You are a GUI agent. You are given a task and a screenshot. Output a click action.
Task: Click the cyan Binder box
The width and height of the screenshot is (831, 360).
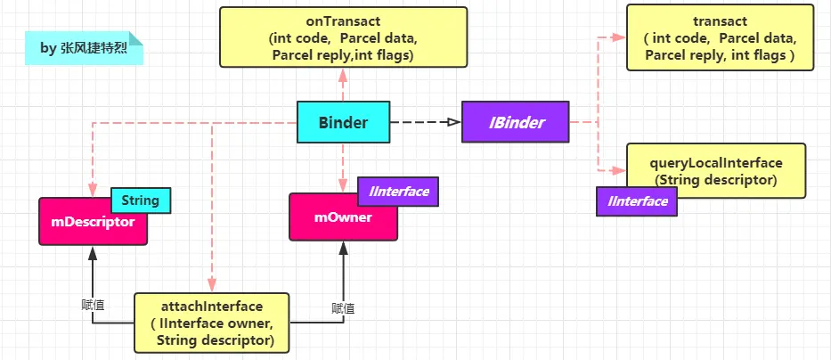[x=343, y=123]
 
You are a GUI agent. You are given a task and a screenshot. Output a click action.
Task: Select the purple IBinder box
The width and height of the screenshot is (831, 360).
[x=516, y=123]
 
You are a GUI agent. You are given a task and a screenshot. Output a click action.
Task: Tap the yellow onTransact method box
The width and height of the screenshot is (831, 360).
[x=343, y=36]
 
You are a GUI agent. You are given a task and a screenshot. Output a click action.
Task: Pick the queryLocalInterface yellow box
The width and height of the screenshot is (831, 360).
[x=717, y=171]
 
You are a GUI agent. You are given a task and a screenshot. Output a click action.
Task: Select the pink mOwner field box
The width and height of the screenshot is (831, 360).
[x=343, y=217]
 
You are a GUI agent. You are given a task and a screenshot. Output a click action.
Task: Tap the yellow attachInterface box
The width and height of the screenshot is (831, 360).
[x=213, y=323]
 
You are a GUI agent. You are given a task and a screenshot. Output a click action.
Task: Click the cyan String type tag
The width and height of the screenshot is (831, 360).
[x=140, y=200]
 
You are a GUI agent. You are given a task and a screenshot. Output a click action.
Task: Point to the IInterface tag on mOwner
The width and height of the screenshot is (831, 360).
[x=393, y=190]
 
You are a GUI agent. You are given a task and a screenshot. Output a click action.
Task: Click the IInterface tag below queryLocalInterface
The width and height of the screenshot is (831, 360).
[x=637, y=202]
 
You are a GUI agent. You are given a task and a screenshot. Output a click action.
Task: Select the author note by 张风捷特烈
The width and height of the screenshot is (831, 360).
[x=84, y=48]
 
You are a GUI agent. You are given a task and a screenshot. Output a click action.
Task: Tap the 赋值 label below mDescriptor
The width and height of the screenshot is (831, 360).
[x=92, y=304]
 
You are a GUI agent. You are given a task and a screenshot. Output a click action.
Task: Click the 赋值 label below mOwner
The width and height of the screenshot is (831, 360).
[x=343, y=307]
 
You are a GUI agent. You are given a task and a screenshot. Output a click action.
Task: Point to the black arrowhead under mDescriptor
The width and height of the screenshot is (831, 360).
[x=92, y=252]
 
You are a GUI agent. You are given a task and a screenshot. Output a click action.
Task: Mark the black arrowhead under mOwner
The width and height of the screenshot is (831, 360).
[x=343, y=248]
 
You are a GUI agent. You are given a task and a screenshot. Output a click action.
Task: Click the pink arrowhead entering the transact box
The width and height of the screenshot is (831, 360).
[x=619, y=37]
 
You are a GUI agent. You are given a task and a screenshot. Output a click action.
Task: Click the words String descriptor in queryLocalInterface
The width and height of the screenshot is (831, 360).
[x=717, y=179]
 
